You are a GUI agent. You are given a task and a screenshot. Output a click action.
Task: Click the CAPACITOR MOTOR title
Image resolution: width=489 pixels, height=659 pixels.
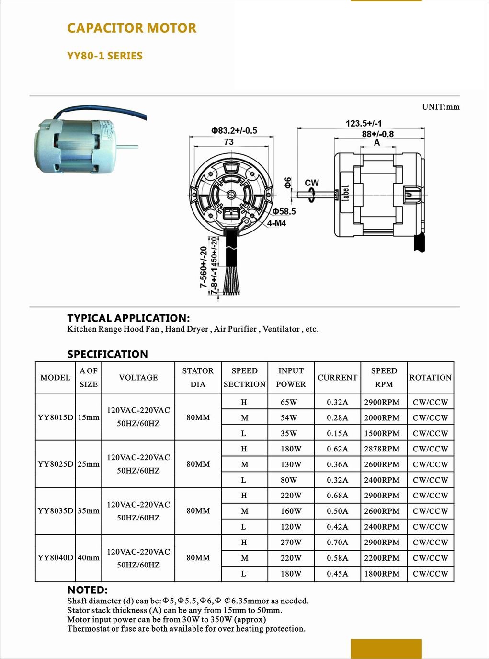point(132,28)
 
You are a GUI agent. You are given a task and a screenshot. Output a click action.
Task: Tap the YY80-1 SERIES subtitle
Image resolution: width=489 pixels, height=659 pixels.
point(105,56)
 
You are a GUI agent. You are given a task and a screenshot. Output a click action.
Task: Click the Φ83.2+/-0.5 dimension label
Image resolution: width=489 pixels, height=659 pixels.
point(234,130)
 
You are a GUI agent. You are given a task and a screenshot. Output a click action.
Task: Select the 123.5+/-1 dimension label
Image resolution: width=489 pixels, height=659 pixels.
point(364,123)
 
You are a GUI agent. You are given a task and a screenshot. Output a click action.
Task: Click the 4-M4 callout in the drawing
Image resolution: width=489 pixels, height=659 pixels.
point(276,223)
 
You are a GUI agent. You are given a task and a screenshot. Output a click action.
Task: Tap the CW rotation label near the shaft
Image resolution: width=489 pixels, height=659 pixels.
point(311,183)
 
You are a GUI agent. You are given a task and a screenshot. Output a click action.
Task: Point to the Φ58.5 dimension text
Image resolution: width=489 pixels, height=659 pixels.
point(284,211)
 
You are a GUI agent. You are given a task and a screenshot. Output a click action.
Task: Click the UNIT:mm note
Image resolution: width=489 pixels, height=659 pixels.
point(440,107)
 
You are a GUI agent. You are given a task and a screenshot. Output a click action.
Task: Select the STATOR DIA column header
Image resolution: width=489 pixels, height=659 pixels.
point(198,377)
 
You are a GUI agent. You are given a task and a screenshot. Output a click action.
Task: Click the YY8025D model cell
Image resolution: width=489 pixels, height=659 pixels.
point(55,464)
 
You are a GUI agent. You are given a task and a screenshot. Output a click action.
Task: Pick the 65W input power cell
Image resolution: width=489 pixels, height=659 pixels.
point(289,402)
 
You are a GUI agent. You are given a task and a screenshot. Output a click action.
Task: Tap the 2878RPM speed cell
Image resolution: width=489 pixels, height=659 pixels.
point(382,449)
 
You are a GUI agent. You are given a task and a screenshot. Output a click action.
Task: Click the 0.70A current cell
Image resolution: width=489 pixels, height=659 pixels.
point(337,542)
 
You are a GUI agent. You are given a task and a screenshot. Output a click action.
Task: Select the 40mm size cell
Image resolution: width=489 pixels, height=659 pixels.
point(89,557)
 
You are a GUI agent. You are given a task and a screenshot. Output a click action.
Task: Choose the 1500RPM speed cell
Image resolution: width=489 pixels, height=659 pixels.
point(382,433)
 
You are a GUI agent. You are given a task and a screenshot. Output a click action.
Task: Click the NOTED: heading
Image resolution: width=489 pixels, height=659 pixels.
point(87,590)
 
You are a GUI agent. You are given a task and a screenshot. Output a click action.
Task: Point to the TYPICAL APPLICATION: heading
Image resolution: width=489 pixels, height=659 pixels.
point(128,318)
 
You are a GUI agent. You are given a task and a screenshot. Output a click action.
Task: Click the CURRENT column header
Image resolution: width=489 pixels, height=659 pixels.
point(337,377)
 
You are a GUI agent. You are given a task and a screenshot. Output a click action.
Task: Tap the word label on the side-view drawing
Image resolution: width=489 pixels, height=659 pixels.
point(345,193)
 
